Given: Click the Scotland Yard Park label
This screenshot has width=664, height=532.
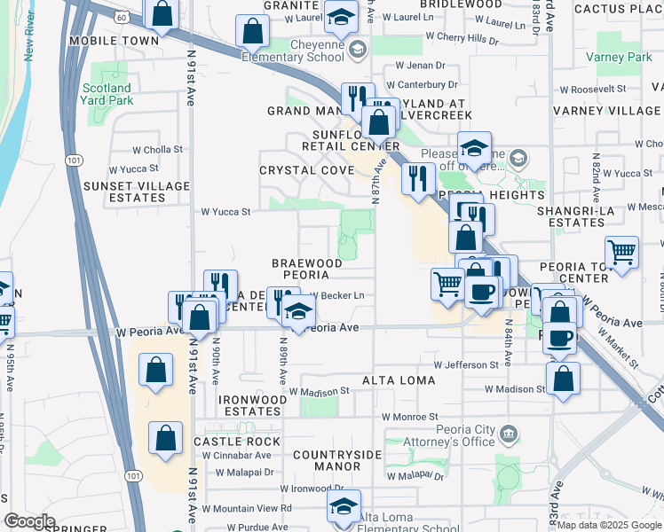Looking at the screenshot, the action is click(x=107, y=94).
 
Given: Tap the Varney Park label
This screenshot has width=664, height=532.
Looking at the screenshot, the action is click(x=619, y=57).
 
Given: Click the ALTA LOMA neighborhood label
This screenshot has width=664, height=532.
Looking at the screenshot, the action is click(x=399, y=380).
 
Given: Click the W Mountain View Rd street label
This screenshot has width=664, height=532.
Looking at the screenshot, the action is click(x=248, y=508).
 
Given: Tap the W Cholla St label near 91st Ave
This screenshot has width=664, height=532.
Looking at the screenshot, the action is click(x=157, y=150).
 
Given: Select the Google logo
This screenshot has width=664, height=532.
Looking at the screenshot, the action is click(x=29, y=521).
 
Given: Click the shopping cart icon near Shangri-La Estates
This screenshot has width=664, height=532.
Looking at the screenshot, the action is click(x=622, y=251).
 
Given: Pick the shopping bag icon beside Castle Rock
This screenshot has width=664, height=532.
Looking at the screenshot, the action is click(x=166, y=437).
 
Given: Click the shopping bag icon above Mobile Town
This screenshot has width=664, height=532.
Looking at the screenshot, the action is click(x=162, y=12).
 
